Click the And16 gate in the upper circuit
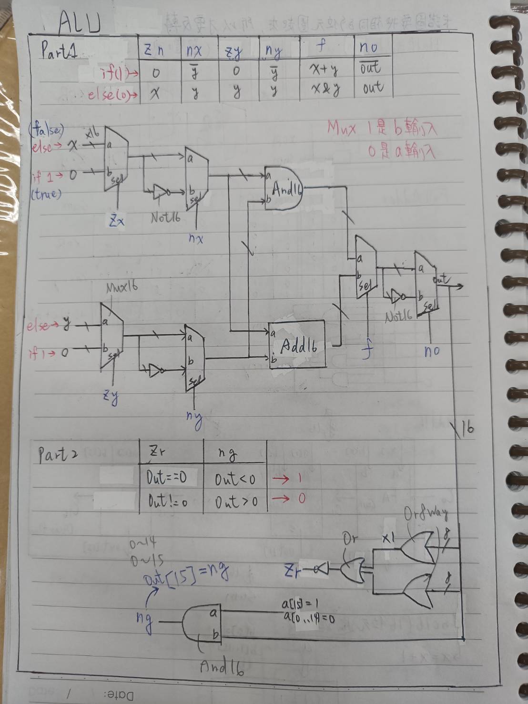pos(284,190)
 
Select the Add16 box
pos(298,345)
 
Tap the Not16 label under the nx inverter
pos(165,218)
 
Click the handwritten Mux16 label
pos(122,288)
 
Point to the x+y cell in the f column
pos(324,70)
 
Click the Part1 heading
pos(59,50)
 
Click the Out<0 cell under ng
pos(235,479)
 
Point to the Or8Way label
pos(426,513)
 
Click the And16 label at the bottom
pos(222,667)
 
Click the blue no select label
pos(432,352)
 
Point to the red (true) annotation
pos(46,194)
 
